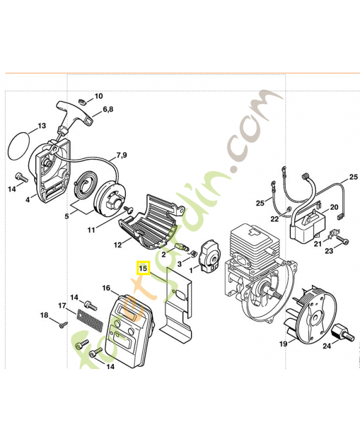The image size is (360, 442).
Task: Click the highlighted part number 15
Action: (x=143, y=269)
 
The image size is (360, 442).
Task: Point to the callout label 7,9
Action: (x=121, y=155)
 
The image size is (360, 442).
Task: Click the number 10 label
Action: (x=98, y=96)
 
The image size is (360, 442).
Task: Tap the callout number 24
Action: (x=327, y=347)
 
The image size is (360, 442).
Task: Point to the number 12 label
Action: (x=118, y=244)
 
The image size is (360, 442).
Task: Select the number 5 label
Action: (x=67, y=217)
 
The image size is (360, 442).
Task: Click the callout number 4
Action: (x=27, y=199)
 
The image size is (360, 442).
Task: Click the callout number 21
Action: (x=317, y=244)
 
